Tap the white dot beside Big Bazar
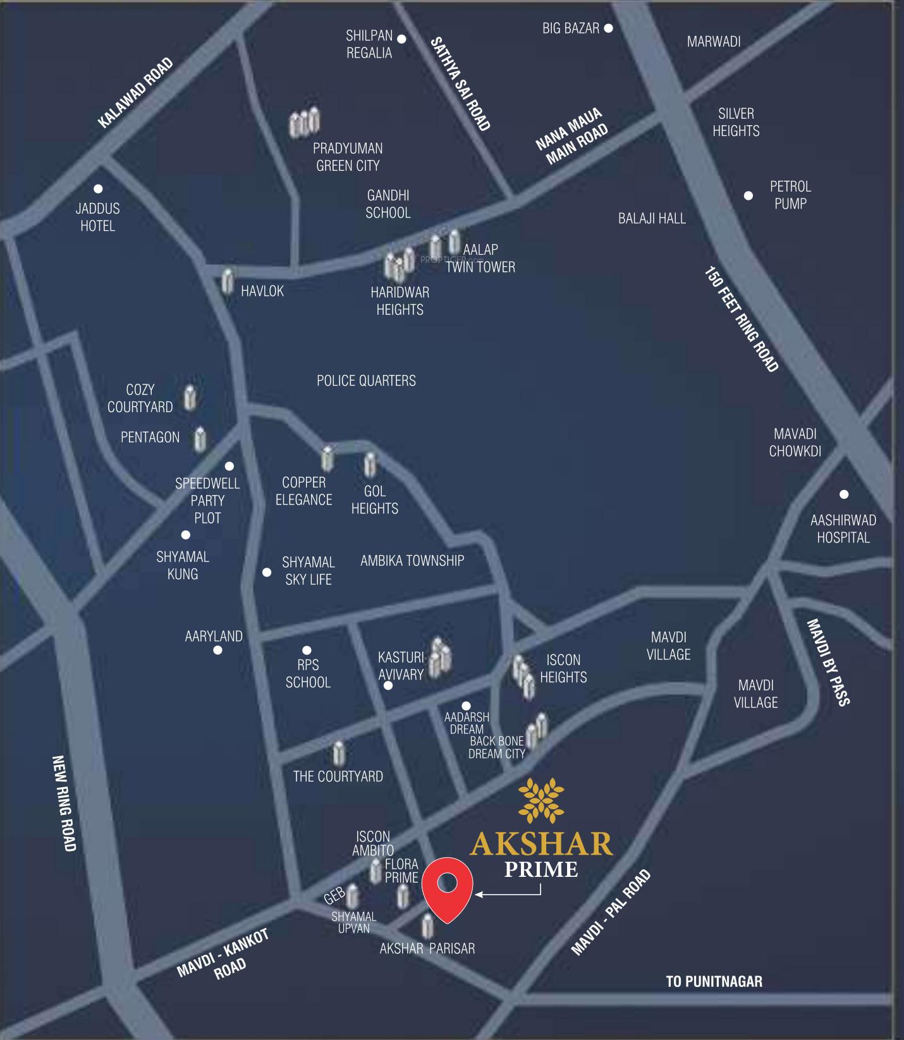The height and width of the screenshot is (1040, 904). coord(608,28)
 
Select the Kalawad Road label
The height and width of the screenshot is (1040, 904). coord(135,93)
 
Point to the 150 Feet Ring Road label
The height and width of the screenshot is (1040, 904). coord(741,319)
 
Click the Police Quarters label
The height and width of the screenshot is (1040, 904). coord(366,381)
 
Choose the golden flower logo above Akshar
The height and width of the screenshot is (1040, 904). coord(541,801)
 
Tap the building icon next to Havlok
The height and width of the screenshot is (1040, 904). coord(228,281)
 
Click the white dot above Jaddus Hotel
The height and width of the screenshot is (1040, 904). coord(98,188)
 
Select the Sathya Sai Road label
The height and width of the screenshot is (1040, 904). coord(460,84)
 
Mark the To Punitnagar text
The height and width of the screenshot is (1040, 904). coord(714,981)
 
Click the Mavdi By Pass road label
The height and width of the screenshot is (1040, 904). coord(828,662)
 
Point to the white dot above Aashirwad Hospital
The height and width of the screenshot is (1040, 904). coord(843,494)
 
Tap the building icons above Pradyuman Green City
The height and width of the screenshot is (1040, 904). coord(305,123)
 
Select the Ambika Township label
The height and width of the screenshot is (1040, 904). coord(412,561)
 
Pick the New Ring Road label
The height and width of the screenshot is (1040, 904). coord(64,804)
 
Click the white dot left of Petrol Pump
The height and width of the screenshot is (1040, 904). coord(748,195)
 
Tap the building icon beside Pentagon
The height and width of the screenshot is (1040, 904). coord(200,439)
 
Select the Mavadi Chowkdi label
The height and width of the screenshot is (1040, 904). coord(795,443)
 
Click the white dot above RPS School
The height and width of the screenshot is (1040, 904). coord(307,650)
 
